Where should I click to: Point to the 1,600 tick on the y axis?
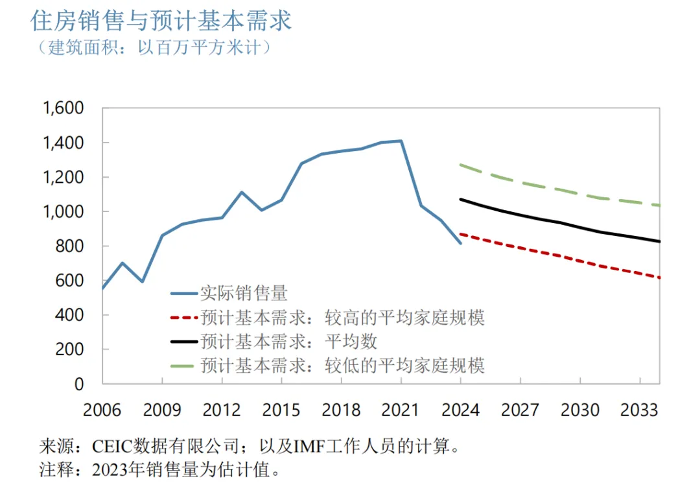(64, 108)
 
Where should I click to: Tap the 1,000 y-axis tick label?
(64, 211)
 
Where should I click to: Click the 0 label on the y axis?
(78, 384)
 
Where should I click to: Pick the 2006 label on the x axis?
(102, 410)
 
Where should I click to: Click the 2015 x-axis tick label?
(281, 410)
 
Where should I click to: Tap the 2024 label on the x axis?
(460, 410)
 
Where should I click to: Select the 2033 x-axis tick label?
(639, 410)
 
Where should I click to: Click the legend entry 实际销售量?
(243, 294)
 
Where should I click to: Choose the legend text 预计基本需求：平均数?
(288, 341)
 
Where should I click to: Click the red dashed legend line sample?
(183, 318)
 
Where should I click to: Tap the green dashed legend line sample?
(183, 366)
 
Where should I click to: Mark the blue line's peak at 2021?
(401, 141)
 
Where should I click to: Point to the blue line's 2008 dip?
(143, 281)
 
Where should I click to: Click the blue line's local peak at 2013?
(242, 192)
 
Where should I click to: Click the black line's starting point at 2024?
(461, 200)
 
